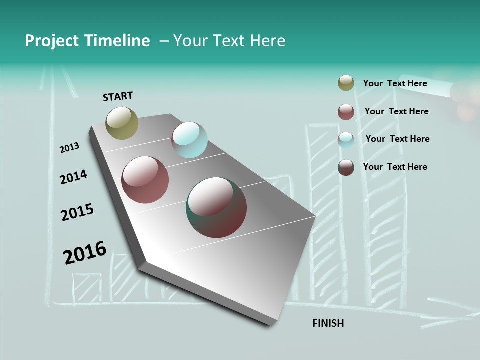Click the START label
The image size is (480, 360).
tap(118, 96)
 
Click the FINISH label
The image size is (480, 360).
tap(328, 323)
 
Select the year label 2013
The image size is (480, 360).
tap(69, 148)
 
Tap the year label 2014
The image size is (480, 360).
tap(73, 177)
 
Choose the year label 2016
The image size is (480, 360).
tap(85, 253)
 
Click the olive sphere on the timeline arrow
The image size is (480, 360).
tap(122, 123)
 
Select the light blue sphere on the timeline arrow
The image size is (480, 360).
tap(189, 140)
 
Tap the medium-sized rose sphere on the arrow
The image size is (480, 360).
tap(145, 180)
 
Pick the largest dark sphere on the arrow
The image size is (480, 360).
tap(216, 207)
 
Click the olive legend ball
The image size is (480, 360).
tap(346, 83)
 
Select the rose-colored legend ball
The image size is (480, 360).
tap(346, 112)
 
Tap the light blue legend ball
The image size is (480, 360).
tap(346, 140)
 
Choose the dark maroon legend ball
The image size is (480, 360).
tap(346, 167)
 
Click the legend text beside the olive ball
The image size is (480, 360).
tap(395, 83)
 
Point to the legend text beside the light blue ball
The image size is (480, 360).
tap(397, 139)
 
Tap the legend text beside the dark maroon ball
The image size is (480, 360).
tap(395, 167)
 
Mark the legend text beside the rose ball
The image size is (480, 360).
tap(396, 111)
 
